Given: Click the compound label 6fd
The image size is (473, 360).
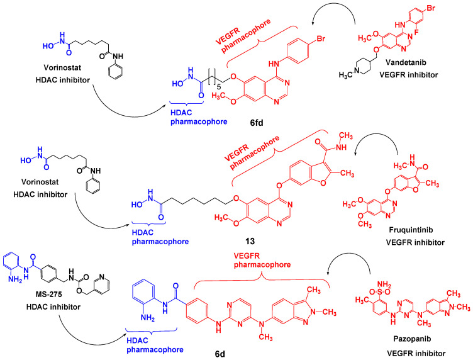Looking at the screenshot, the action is click(257, 123).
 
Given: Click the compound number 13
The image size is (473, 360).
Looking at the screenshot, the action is click(250, 241).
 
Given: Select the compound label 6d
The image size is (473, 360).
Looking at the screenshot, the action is click(220, 354).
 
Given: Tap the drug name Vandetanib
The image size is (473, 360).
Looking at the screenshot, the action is click(406, 62).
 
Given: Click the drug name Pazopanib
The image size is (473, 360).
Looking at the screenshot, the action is click(412, 339).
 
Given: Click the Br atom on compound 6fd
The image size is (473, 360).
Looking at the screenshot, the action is click(321, 39).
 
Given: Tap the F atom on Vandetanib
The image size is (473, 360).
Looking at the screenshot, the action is click(418, 31).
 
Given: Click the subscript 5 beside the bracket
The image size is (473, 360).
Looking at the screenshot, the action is click(219, 87).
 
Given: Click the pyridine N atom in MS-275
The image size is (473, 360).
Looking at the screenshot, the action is click(102, 276).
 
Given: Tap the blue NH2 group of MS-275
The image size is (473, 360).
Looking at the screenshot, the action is click(15, 279).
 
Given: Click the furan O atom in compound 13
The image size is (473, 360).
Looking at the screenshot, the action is click(323, 183).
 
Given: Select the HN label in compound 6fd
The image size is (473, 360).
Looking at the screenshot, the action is click(274, 64).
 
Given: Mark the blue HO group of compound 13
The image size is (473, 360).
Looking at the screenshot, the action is click(136, 205).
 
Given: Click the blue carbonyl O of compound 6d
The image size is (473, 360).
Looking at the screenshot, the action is click(175, 286).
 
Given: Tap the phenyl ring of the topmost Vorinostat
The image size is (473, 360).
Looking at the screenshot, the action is click(116, 72).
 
